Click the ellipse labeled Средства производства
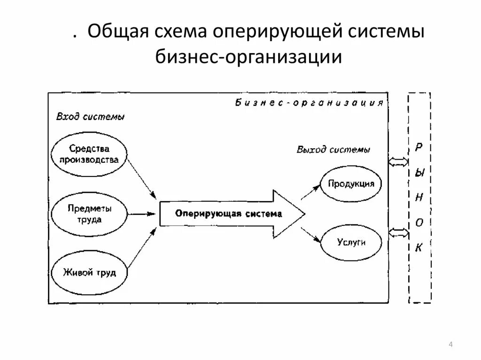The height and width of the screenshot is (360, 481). (89, 154)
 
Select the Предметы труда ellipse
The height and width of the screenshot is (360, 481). (89, 214)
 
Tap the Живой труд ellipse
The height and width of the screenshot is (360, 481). (89, 273)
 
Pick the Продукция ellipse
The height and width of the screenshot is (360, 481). (351, 184)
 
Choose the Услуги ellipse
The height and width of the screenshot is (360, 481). (351, 243)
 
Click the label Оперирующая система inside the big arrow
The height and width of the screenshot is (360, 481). (229, 214)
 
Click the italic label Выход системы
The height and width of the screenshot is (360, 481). (333, 150)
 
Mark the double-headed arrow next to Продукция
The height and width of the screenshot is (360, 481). (399, 162)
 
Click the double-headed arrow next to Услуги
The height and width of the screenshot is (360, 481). (399, 232)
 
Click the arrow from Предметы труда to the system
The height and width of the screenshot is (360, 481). (142, 214)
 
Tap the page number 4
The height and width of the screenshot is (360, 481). (451, 345)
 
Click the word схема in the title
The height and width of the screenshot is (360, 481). (181, 34)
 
